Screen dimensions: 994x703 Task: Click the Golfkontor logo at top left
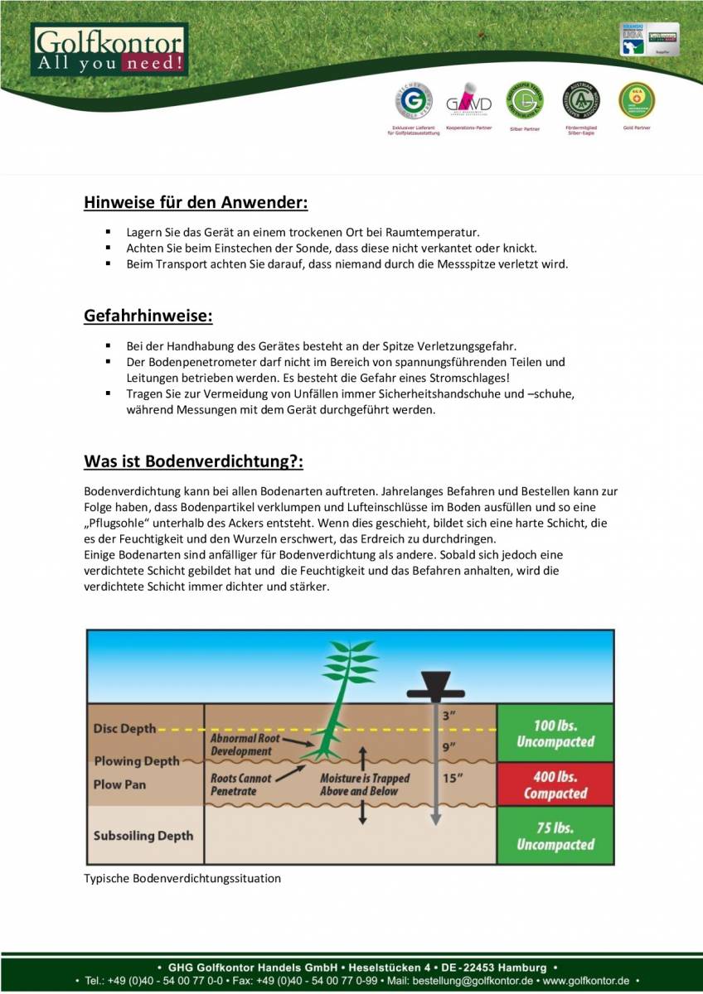pos(109,50)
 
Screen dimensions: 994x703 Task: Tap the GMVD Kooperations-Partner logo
pos(468,103)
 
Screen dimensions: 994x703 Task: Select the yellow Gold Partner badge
pos(637,100)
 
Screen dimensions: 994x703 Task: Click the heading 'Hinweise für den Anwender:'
pos(196,203)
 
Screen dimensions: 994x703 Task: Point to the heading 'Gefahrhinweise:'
pos(148,316)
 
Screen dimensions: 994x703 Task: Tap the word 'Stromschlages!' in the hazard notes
pos(482,378)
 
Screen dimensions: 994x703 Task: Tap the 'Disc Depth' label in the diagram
pos(124,729)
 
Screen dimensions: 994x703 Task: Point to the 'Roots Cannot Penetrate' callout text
pos(240,784)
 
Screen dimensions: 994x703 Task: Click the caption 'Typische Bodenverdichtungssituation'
pos(182,878)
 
